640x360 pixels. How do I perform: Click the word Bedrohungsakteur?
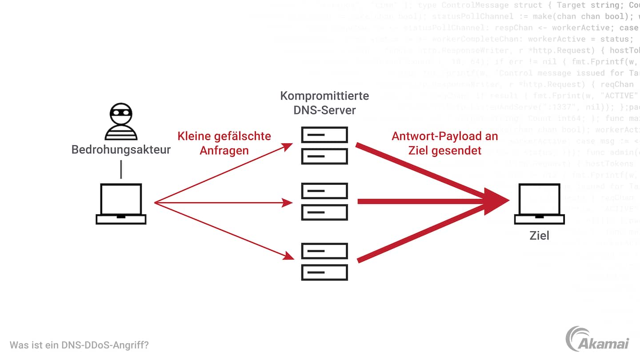[121, 149]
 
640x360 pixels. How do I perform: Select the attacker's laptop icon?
[121, 204]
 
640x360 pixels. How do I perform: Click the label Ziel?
[539, 236]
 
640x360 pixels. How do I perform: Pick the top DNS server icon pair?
[324, 145]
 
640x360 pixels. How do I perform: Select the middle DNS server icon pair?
[324, 202]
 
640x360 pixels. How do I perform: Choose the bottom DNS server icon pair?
[324, 261]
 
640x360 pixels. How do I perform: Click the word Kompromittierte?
[324, 96]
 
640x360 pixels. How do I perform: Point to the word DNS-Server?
[324, 110]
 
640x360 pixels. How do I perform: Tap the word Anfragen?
[224, 150]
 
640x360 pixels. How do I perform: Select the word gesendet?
[460, 150]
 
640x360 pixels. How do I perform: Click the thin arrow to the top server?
[222, 173]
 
